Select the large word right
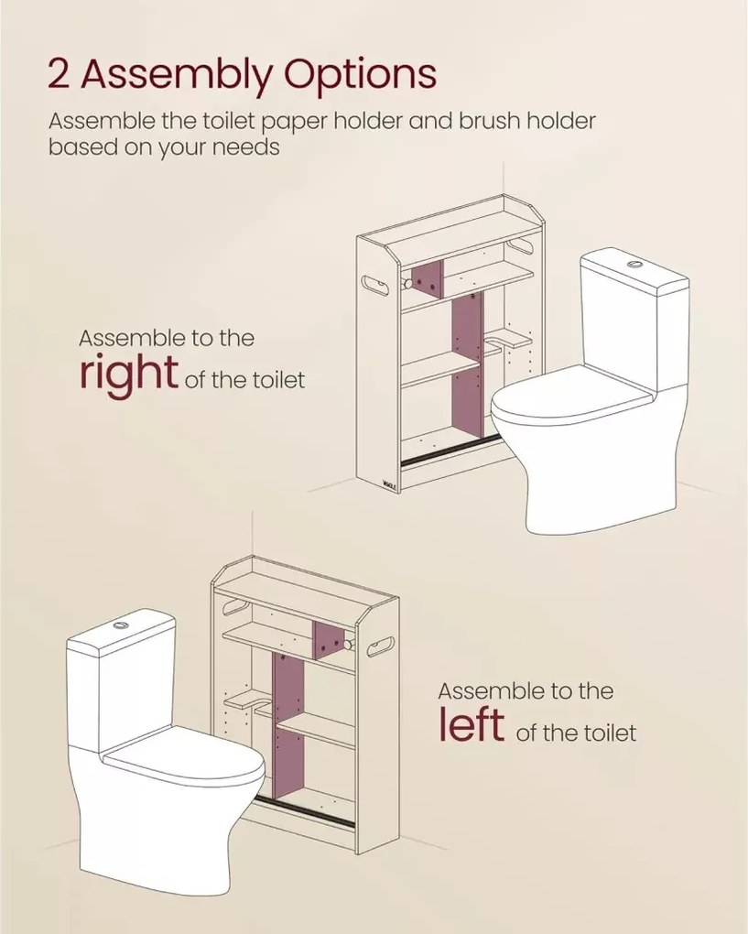pos(129,375)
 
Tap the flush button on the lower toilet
pos(120,624)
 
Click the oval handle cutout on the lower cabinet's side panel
pos(380,646)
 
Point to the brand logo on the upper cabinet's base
pos(389,485)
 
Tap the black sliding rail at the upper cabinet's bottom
pos(450,451)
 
